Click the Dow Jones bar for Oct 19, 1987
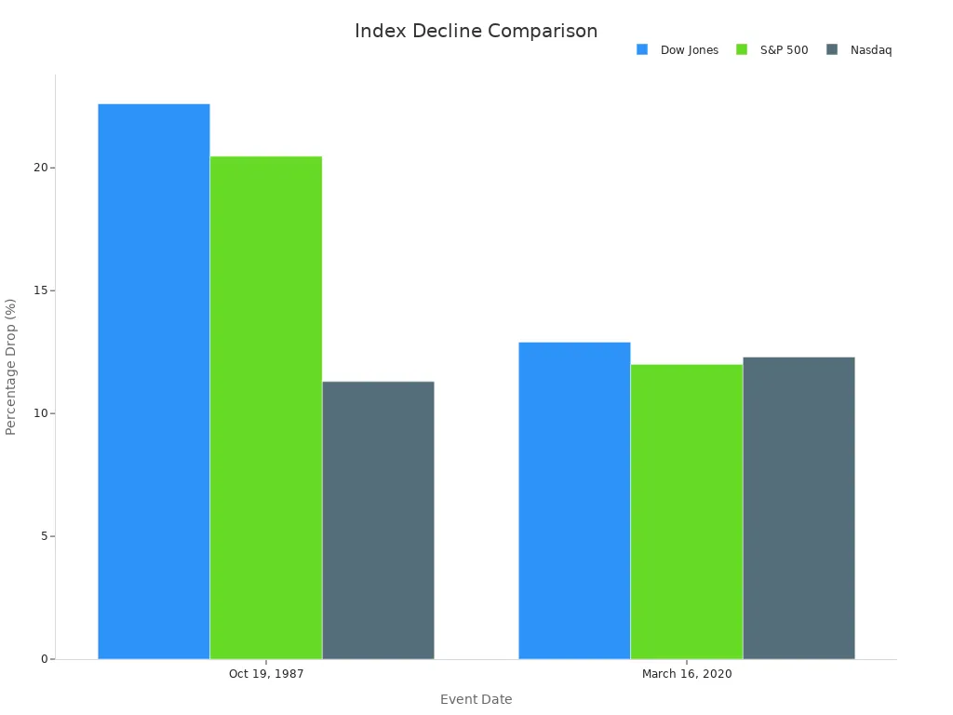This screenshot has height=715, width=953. click(x=154, y=382)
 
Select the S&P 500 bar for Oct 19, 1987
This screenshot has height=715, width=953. click(x=266, y=408)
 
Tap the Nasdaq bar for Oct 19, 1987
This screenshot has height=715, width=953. click(x=378, y=520)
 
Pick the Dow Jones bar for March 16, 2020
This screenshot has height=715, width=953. click(x=574, y=501)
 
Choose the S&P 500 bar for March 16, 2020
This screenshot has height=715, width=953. click(x=687, y=512)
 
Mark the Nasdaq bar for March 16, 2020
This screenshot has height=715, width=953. click(x=799, y=508)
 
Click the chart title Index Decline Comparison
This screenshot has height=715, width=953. click(x=476, y=31)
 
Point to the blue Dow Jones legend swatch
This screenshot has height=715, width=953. click(x=642, y=49)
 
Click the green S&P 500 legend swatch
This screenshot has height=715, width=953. click(x=742, y=49)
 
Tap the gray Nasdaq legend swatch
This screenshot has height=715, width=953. click(x=832, y=49)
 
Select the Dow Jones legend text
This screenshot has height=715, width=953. click(x=690, y=50)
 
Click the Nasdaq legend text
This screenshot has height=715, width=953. click(x=871, y=50)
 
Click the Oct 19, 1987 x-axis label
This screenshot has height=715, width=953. click(x=266, y=674)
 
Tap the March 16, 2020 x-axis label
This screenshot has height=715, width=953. click(x=687, y=674)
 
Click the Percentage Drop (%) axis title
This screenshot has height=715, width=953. click(x=11, y=367)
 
